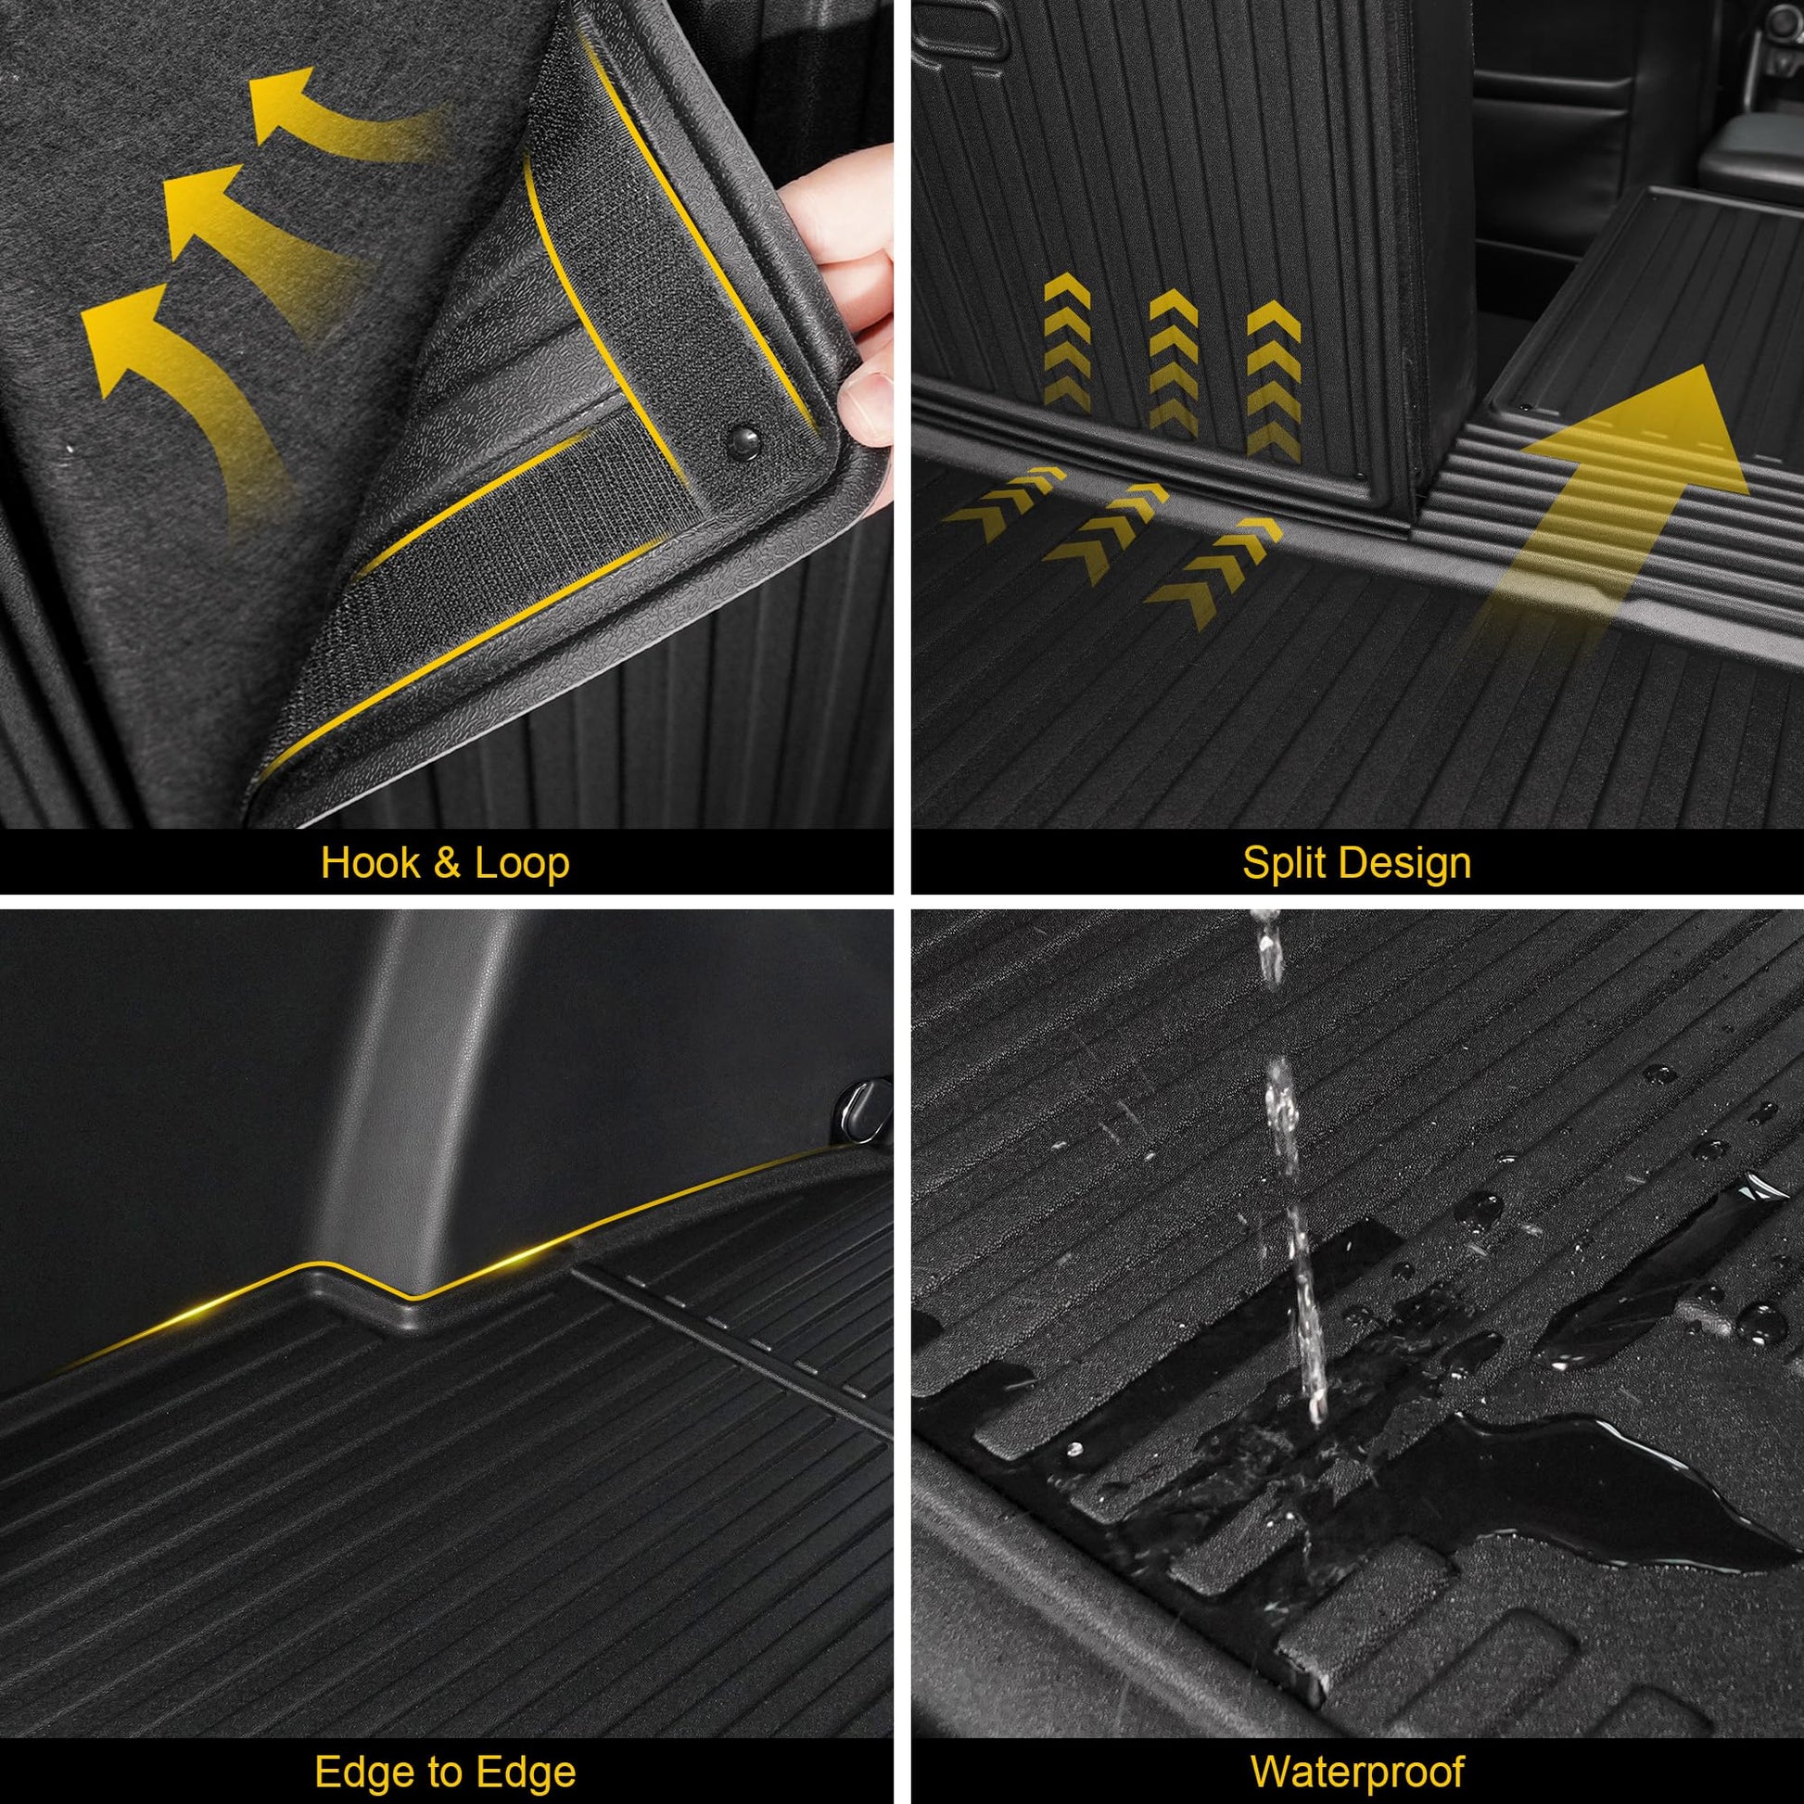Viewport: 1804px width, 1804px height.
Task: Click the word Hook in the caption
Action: tap(370, 863)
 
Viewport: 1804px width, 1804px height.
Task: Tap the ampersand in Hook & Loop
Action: tap(446, 864)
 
